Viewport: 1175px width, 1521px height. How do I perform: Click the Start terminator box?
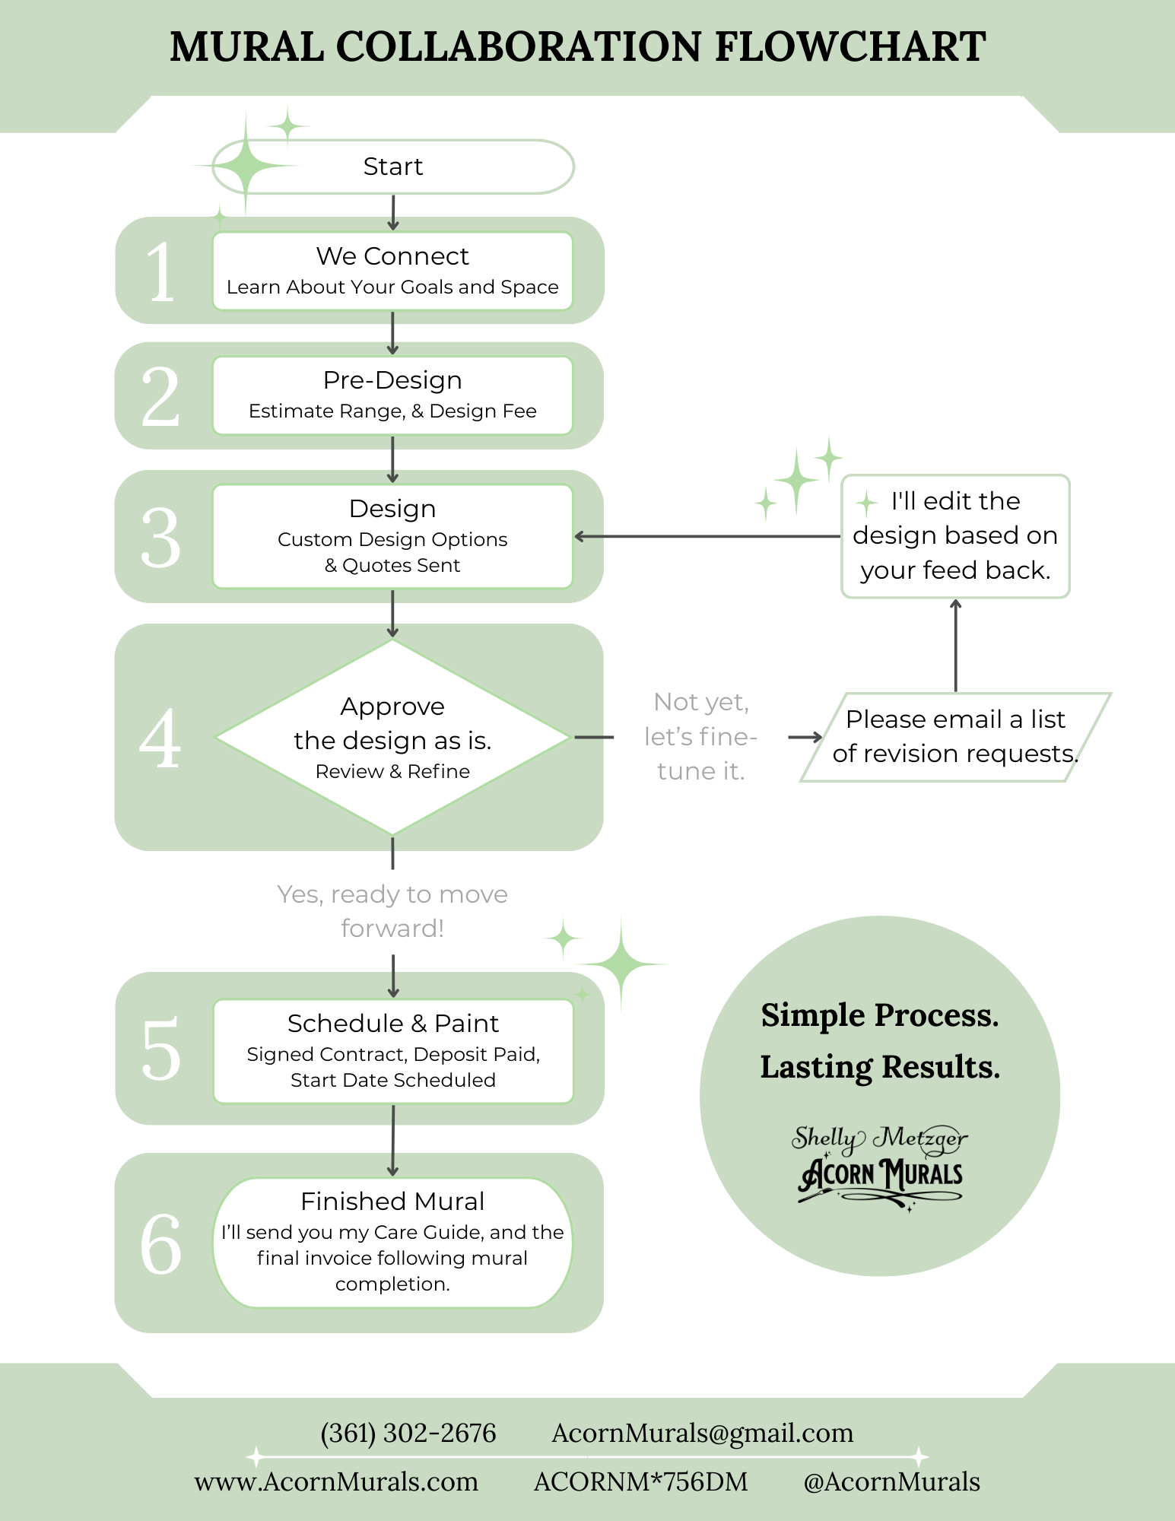[392, 167]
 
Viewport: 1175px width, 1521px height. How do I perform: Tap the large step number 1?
[160, 271]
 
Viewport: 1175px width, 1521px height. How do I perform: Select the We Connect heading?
[392, 256]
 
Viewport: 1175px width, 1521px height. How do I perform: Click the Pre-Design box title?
[392, 380]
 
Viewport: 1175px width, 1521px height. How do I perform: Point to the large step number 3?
[160, 538]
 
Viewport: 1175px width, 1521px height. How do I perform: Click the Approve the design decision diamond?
[392, 737]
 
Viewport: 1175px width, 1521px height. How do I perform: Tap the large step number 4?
[160, 738]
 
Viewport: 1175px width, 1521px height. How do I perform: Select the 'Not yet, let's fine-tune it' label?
[700, 736]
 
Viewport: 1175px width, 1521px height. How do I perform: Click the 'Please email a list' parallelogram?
[955, 736]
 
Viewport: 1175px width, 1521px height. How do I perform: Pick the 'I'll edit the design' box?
[955, 536]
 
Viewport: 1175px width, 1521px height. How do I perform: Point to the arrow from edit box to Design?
[707, 536]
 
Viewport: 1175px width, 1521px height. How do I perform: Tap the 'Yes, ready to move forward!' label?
[392, 911]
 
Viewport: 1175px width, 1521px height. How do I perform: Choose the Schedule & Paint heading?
[392, 1024]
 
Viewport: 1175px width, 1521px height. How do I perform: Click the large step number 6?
[160, 1244]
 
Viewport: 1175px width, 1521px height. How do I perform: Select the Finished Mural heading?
[392, 1202]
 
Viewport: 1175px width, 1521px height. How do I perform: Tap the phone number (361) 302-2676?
[408, 1434]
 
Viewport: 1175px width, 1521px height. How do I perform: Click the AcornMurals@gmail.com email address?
[702, 1434]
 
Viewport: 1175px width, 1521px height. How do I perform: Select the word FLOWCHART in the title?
[849, 47]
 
